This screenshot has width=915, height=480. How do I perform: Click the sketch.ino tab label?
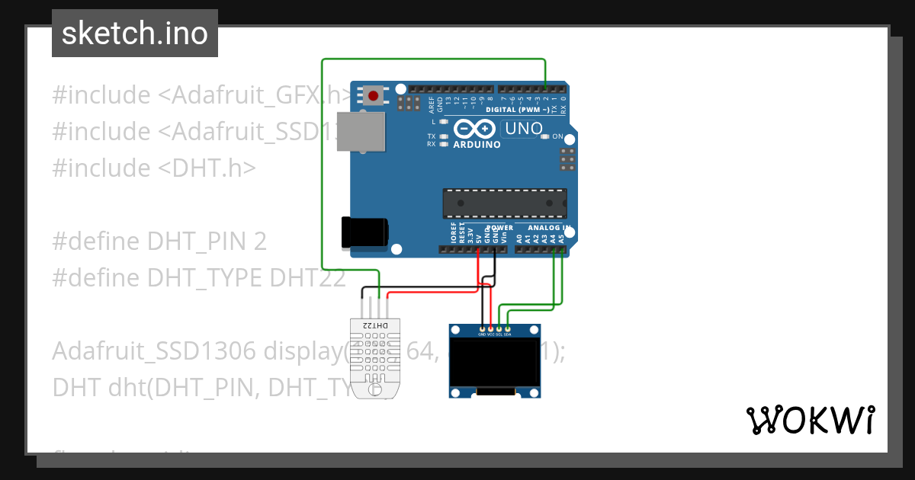tap(134, 34)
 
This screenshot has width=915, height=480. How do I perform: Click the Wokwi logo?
tap(810, 420)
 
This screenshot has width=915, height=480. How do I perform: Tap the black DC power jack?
tap(364, 231)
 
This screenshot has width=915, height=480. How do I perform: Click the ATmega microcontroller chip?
tap(505, 203)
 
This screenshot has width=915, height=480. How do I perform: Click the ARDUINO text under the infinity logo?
tap(477, 145)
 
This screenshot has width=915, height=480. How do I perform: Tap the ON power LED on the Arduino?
tap(544, 137)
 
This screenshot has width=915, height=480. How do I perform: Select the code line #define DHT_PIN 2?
tap(159, 242)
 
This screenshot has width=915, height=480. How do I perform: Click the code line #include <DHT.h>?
tap(153, 168)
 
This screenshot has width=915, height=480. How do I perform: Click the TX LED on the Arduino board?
tap(443, 136)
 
